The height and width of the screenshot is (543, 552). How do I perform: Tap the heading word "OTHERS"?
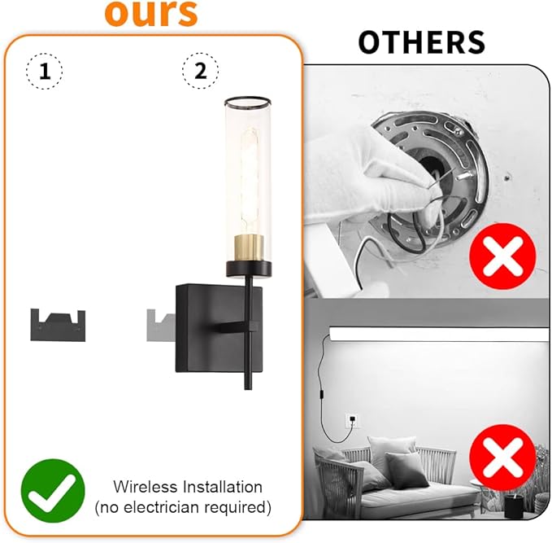[x=421, y=42]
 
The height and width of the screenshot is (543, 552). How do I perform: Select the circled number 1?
[x=45, y=72]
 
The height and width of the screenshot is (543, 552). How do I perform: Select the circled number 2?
[x=200, y=72]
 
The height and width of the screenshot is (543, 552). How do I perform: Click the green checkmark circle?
[x=53, y=491]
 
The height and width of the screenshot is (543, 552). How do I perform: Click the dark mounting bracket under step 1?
[x=59, y=323]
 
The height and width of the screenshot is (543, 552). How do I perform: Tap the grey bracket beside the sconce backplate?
[x=158, y=323]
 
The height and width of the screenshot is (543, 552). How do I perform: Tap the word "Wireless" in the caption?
[x=145, y=487]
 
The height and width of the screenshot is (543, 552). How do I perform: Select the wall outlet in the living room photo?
[x=350, y=421]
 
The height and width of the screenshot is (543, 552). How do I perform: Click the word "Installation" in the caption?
[x=221, y=487]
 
